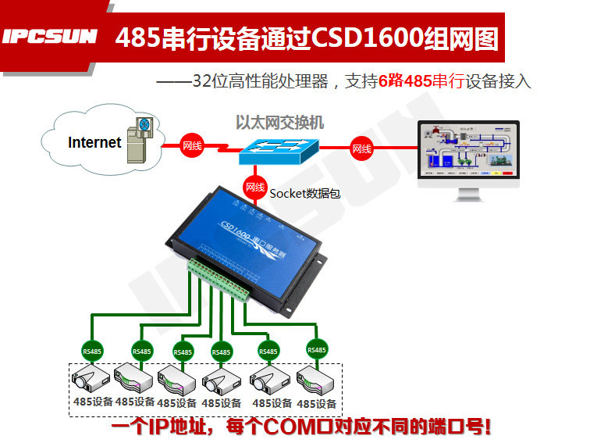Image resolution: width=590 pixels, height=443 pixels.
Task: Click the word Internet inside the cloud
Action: (x=94, y=142)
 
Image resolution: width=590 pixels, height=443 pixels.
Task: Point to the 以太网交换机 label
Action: (x=279, y=123)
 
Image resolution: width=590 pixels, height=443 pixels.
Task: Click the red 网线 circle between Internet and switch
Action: (x=192, y=145)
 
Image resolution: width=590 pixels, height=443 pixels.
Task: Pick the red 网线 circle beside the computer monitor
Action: (x=361, y=148)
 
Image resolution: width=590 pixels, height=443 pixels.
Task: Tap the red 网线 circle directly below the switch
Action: (x=255, y=188)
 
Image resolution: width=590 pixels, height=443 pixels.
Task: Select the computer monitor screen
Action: (x=467, y=149)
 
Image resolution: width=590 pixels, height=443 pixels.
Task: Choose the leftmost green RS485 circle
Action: (x=92, y=351)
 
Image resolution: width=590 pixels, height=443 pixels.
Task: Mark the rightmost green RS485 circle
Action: (x=317, y=350)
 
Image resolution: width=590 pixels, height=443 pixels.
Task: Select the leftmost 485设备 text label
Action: (x=91, y=402)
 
